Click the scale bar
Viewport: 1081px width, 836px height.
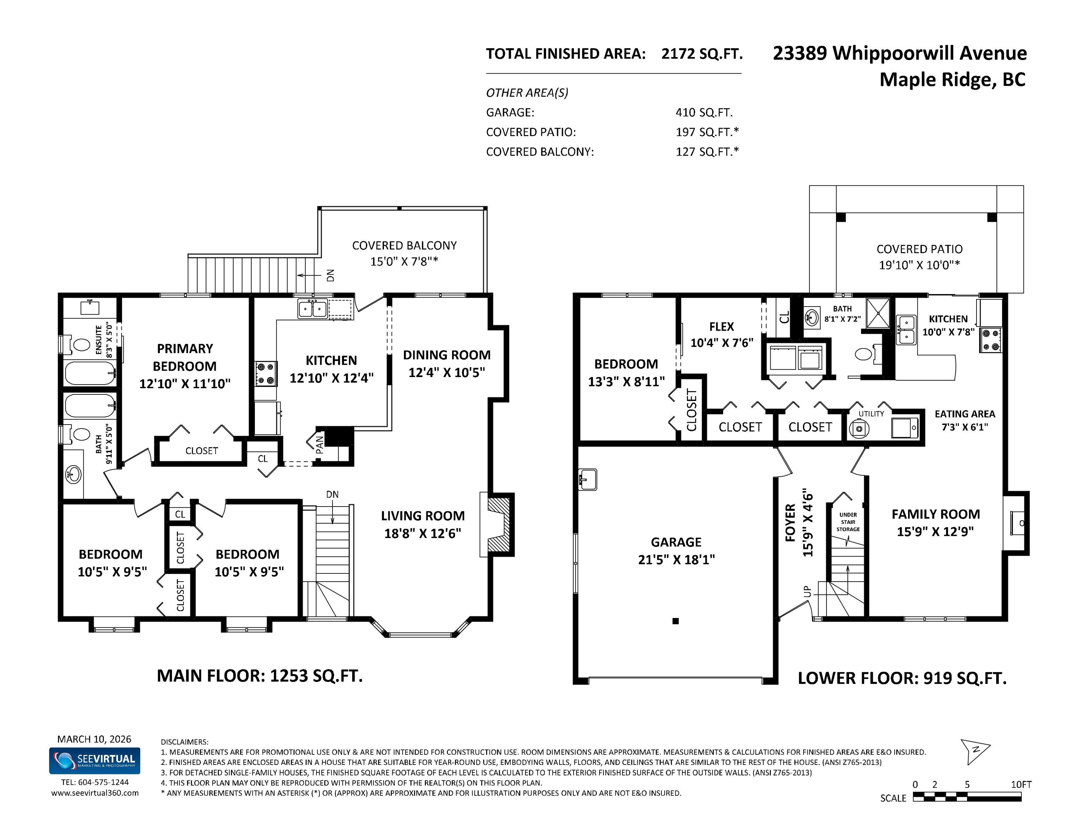tap(967, 797)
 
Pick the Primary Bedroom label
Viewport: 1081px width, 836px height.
tap(185, 366)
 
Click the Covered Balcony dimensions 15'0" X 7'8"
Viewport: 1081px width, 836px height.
tap(404, 262)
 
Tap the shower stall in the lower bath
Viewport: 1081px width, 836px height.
tap(878, 313)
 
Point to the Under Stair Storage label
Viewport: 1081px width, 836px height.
tap(848, 522)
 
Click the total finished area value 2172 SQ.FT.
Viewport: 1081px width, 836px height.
tap(702, 53)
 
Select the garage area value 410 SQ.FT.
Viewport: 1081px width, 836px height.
tap(704, 112)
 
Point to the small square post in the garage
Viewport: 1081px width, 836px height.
tap(676, 621)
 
